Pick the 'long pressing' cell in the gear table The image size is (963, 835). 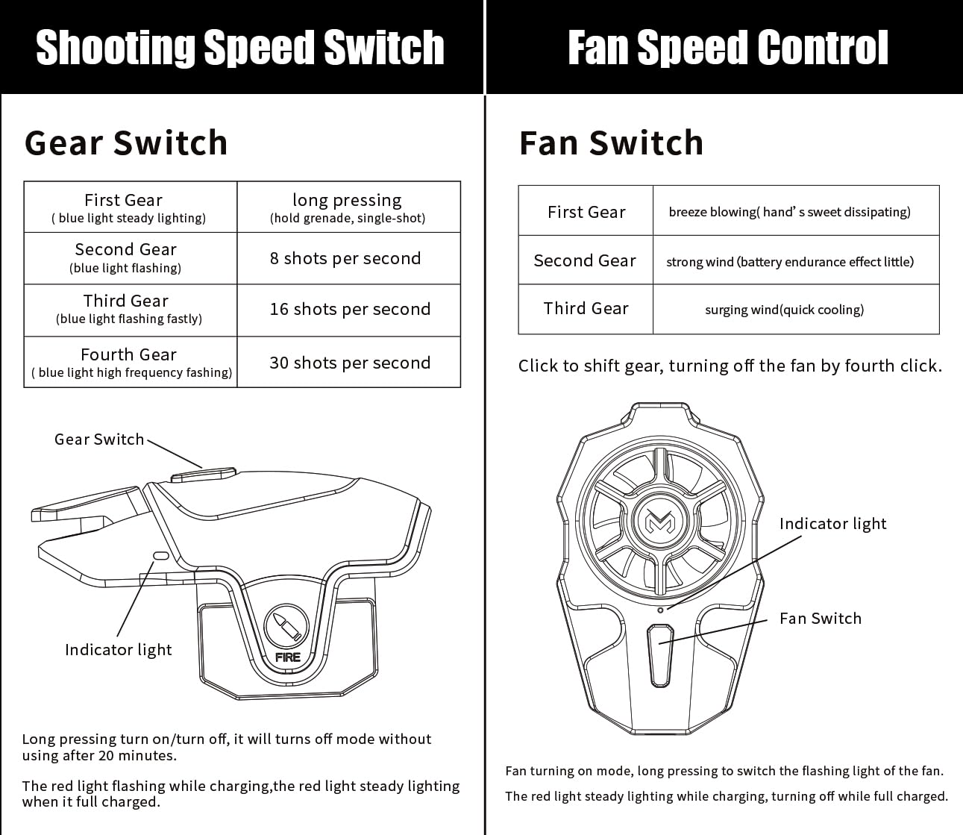coord(348,207)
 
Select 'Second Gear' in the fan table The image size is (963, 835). coord(585,260)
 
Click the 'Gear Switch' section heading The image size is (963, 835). coord(126,143)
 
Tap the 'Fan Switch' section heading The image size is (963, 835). coord(611,143)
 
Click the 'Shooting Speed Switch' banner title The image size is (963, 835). coord(240,48)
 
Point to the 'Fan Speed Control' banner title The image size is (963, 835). coord(728,47)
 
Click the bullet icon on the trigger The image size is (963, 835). coord(287,627)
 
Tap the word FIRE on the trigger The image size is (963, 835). coord(287,657)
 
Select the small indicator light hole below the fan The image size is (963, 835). coord(660,610)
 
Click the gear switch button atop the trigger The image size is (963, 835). coord(204,475)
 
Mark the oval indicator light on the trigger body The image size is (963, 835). coord(161,555)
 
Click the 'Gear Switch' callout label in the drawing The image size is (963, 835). coord(99,439)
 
